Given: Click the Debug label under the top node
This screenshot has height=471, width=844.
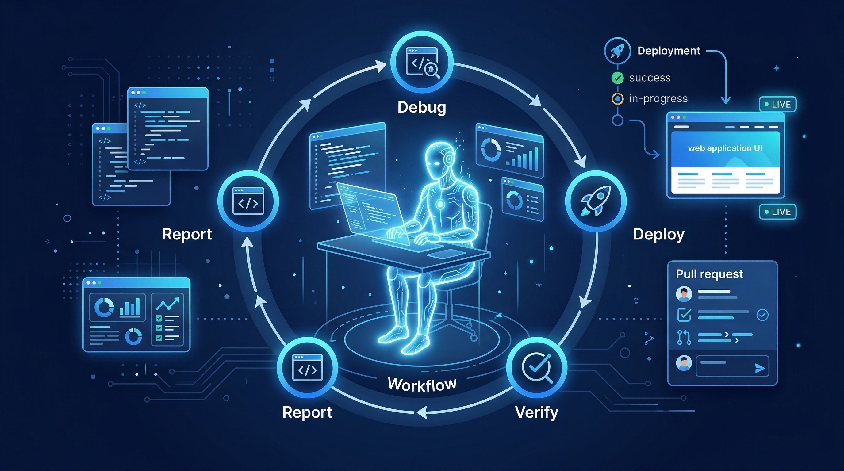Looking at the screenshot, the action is click(422, 107).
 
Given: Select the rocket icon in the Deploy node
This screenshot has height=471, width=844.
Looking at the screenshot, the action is click(595, 201).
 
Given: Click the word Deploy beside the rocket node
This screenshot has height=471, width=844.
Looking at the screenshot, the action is click(658, 235).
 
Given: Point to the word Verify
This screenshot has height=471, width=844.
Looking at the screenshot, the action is click(537, 412).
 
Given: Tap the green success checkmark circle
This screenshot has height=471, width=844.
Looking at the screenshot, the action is click(618, 78).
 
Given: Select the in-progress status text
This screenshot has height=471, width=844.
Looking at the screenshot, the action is click(658, 99).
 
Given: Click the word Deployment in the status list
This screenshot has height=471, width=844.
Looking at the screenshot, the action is click(669, 51).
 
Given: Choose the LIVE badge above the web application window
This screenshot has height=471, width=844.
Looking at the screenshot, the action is click(777, 105).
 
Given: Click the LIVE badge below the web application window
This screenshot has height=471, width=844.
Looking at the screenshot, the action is click(777, 212).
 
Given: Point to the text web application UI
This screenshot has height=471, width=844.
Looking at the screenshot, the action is click(725, 148).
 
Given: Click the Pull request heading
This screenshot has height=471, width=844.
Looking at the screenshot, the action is click(710, 274).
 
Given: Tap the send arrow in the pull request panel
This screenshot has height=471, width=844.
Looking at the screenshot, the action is click(760, 369).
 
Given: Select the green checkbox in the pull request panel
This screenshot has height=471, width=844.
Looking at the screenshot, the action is click(684, 315).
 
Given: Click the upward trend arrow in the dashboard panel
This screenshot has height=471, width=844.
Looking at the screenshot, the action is click(167, 304).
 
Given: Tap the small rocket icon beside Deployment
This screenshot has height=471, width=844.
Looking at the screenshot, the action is click(617, 51).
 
